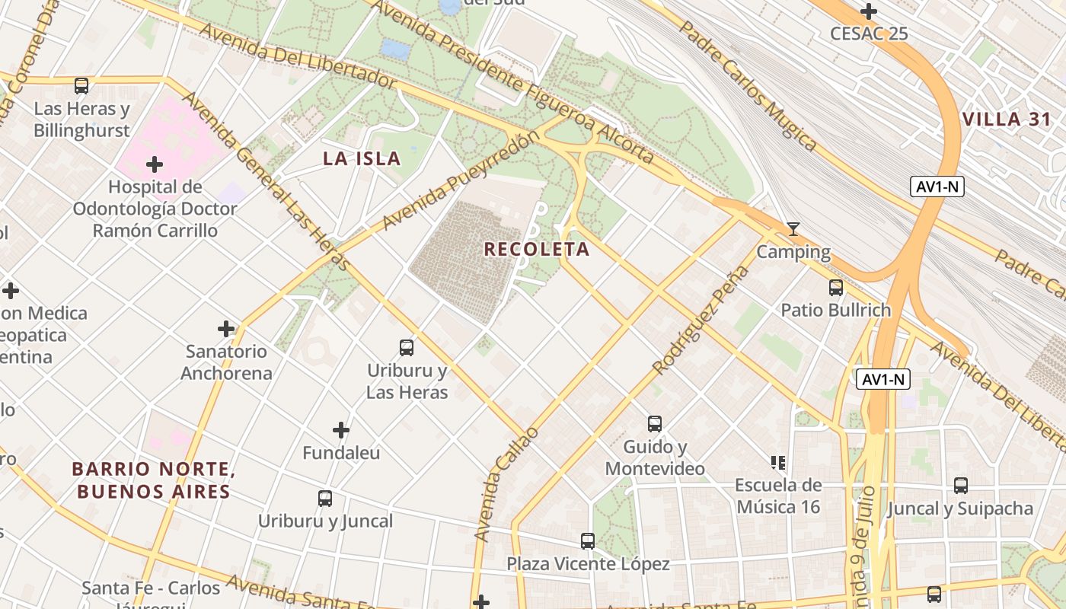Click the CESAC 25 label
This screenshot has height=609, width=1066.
click(869, 33)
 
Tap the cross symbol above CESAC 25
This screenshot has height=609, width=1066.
click(869, 11)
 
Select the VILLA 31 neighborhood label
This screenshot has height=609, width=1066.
click(1007, 120)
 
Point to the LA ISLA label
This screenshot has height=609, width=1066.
click(362, 158)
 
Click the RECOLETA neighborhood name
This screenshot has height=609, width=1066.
click(537, 249)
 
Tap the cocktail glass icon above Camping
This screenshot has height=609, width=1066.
click(793, 229)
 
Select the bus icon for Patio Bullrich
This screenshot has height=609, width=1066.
click(836, 288)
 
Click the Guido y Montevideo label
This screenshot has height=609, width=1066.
click(655, 458)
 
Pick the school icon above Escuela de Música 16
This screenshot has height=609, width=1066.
click(777, 462)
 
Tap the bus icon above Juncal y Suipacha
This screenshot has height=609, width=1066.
click(961, 486)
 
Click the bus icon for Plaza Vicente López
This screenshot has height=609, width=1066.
click(588, 541)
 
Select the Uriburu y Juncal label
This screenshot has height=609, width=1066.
click(325, 521)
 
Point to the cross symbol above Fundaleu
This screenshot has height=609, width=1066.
click(341, 431)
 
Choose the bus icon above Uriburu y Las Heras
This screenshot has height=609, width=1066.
click(407, 348)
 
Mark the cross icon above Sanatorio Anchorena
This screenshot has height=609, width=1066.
click(226, 329)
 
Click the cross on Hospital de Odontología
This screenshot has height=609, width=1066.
click(155, 164)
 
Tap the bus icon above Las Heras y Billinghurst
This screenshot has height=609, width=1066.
click(81, 86)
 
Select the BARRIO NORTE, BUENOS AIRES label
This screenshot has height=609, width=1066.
click(152, 480)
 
